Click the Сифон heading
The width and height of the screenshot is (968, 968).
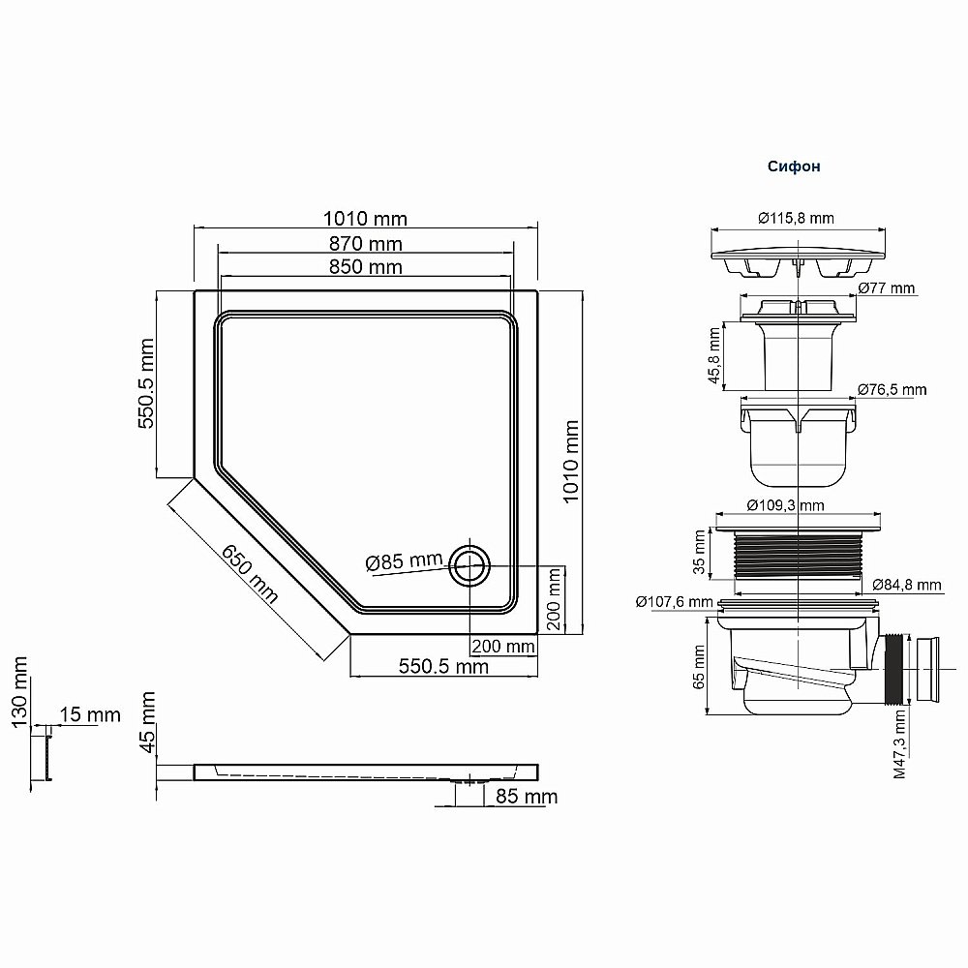point(794,166)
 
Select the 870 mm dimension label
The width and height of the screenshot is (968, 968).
point(365,243)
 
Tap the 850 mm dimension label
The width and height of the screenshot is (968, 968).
point(365,266)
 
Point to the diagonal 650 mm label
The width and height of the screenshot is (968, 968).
point(250,573)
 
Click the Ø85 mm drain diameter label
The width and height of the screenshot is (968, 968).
point(404,560)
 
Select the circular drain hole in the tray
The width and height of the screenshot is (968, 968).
point(470,563)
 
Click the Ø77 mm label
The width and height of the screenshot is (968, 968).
point(886,288)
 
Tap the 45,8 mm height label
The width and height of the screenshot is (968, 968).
point(714,356)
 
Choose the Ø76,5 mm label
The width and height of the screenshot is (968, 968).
point(892,389)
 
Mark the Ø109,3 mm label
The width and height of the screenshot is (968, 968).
point(785,505)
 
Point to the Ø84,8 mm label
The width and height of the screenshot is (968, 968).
point(906,585)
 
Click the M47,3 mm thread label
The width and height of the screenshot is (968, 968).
point(901,744)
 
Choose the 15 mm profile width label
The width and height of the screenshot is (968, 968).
point(89,714)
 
